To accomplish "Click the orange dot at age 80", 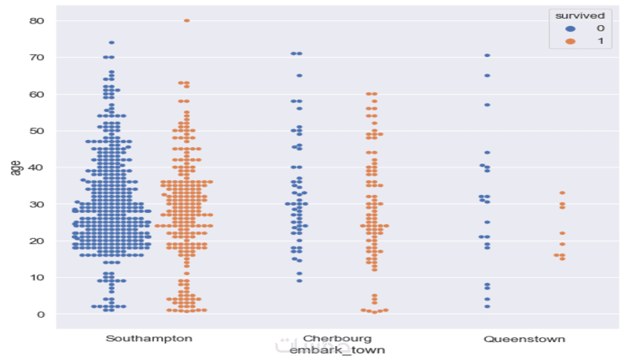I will [186, 20].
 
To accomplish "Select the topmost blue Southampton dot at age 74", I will [112, 42].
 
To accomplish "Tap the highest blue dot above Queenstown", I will [487, 56].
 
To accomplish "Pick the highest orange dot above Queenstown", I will [562, 193].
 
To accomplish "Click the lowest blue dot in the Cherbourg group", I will [299, 280].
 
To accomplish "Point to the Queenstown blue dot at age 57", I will [487, 105].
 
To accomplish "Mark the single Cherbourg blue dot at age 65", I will [299, 76].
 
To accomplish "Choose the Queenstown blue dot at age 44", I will [487, 153].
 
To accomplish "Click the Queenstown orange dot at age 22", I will [562, 233].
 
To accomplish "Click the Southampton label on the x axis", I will [149, 339].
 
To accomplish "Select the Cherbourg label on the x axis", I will [337, 339].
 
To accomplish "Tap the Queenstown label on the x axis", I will [524, 339].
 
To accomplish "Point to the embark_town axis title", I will [336, 351].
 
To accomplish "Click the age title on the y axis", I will [16, 167].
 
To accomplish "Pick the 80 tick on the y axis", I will [38, 20].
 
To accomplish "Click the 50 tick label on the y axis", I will [38, 131].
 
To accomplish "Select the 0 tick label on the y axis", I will [41, 314].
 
